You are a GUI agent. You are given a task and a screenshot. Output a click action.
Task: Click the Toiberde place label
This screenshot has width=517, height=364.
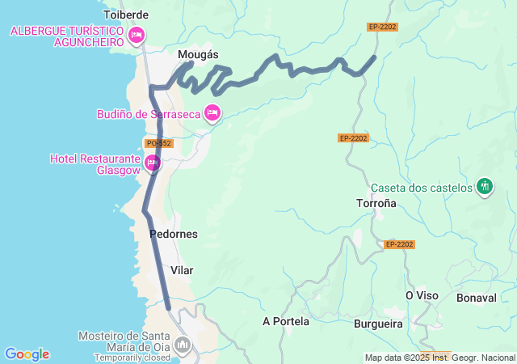[x=127, y=15]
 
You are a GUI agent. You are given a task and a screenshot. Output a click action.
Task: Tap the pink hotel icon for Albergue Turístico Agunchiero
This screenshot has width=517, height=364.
[x=137, y=35]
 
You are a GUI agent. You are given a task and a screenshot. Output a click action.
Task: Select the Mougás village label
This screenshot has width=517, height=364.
[x=198, y=54]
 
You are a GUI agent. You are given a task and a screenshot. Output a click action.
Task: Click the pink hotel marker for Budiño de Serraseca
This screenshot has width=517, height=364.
[x=212, y=113]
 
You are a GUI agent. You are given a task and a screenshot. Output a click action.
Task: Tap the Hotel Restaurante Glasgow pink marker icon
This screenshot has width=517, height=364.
[x=152, y=163]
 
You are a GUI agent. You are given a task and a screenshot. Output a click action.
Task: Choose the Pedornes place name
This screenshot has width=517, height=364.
[x=174, y=234]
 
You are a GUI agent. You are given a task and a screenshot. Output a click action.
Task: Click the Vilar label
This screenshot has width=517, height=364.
[x=183, y=270]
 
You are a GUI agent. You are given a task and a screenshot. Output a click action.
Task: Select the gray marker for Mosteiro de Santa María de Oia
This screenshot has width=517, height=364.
[x=183, y=345]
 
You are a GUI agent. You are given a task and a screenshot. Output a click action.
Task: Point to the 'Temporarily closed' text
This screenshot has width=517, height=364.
[x=132, y=357]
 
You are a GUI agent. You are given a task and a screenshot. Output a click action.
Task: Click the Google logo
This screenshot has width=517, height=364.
[x=27, y=354]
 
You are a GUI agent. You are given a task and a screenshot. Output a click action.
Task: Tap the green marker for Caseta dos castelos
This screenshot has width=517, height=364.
[x=485, y=187]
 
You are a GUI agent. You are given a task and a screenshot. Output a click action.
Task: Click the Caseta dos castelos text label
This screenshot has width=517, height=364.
[x=421, y=188]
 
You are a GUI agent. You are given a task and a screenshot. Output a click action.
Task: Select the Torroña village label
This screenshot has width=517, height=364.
[x=376, y=203]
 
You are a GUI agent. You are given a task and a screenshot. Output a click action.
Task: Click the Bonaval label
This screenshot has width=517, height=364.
[x=477, y=298]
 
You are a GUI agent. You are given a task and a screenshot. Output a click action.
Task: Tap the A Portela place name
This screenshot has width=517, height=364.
[x=286, y=321]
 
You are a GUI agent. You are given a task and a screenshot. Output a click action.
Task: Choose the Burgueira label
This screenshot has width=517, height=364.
[x=378, y=324]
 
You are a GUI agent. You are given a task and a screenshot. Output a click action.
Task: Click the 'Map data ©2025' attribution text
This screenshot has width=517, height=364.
[x=396, y=358]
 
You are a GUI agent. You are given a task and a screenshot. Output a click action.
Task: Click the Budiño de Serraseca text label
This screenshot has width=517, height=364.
[x=148, y=114]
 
